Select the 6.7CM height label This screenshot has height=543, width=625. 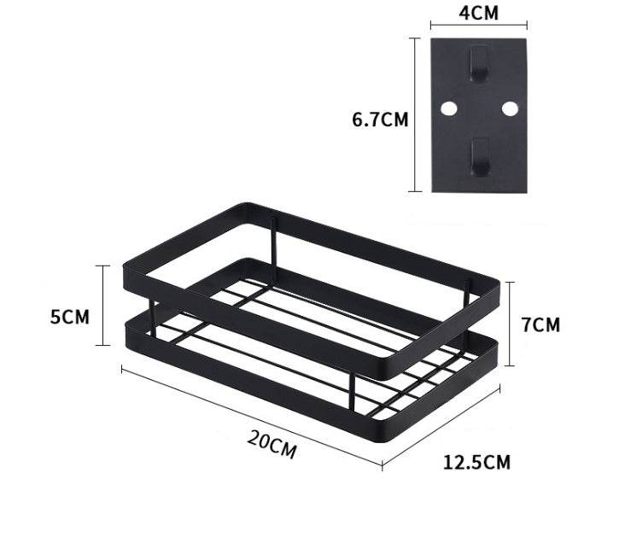coord(380,120)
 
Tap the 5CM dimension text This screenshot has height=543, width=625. coord(69,316)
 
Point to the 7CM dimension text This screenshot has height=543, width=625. coord(539,324)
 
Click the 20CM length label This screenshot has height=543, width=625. coord(272,445)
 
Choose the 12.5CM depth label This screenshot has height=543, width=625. coord(476,463)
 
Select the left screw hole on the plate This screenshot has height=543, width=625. coord(448,109)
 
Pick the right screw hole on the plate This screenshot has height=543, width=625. coord(510,109)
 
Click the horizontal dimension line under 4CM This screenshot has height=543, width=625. coord(478,26)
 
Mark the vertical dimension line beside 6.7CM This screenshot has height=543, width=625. coord(416,114)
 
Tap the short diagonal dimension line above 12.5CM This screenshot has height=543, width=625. coord(441,424)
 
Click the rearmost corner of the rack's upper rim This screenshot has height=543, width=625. coord(248,206)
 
